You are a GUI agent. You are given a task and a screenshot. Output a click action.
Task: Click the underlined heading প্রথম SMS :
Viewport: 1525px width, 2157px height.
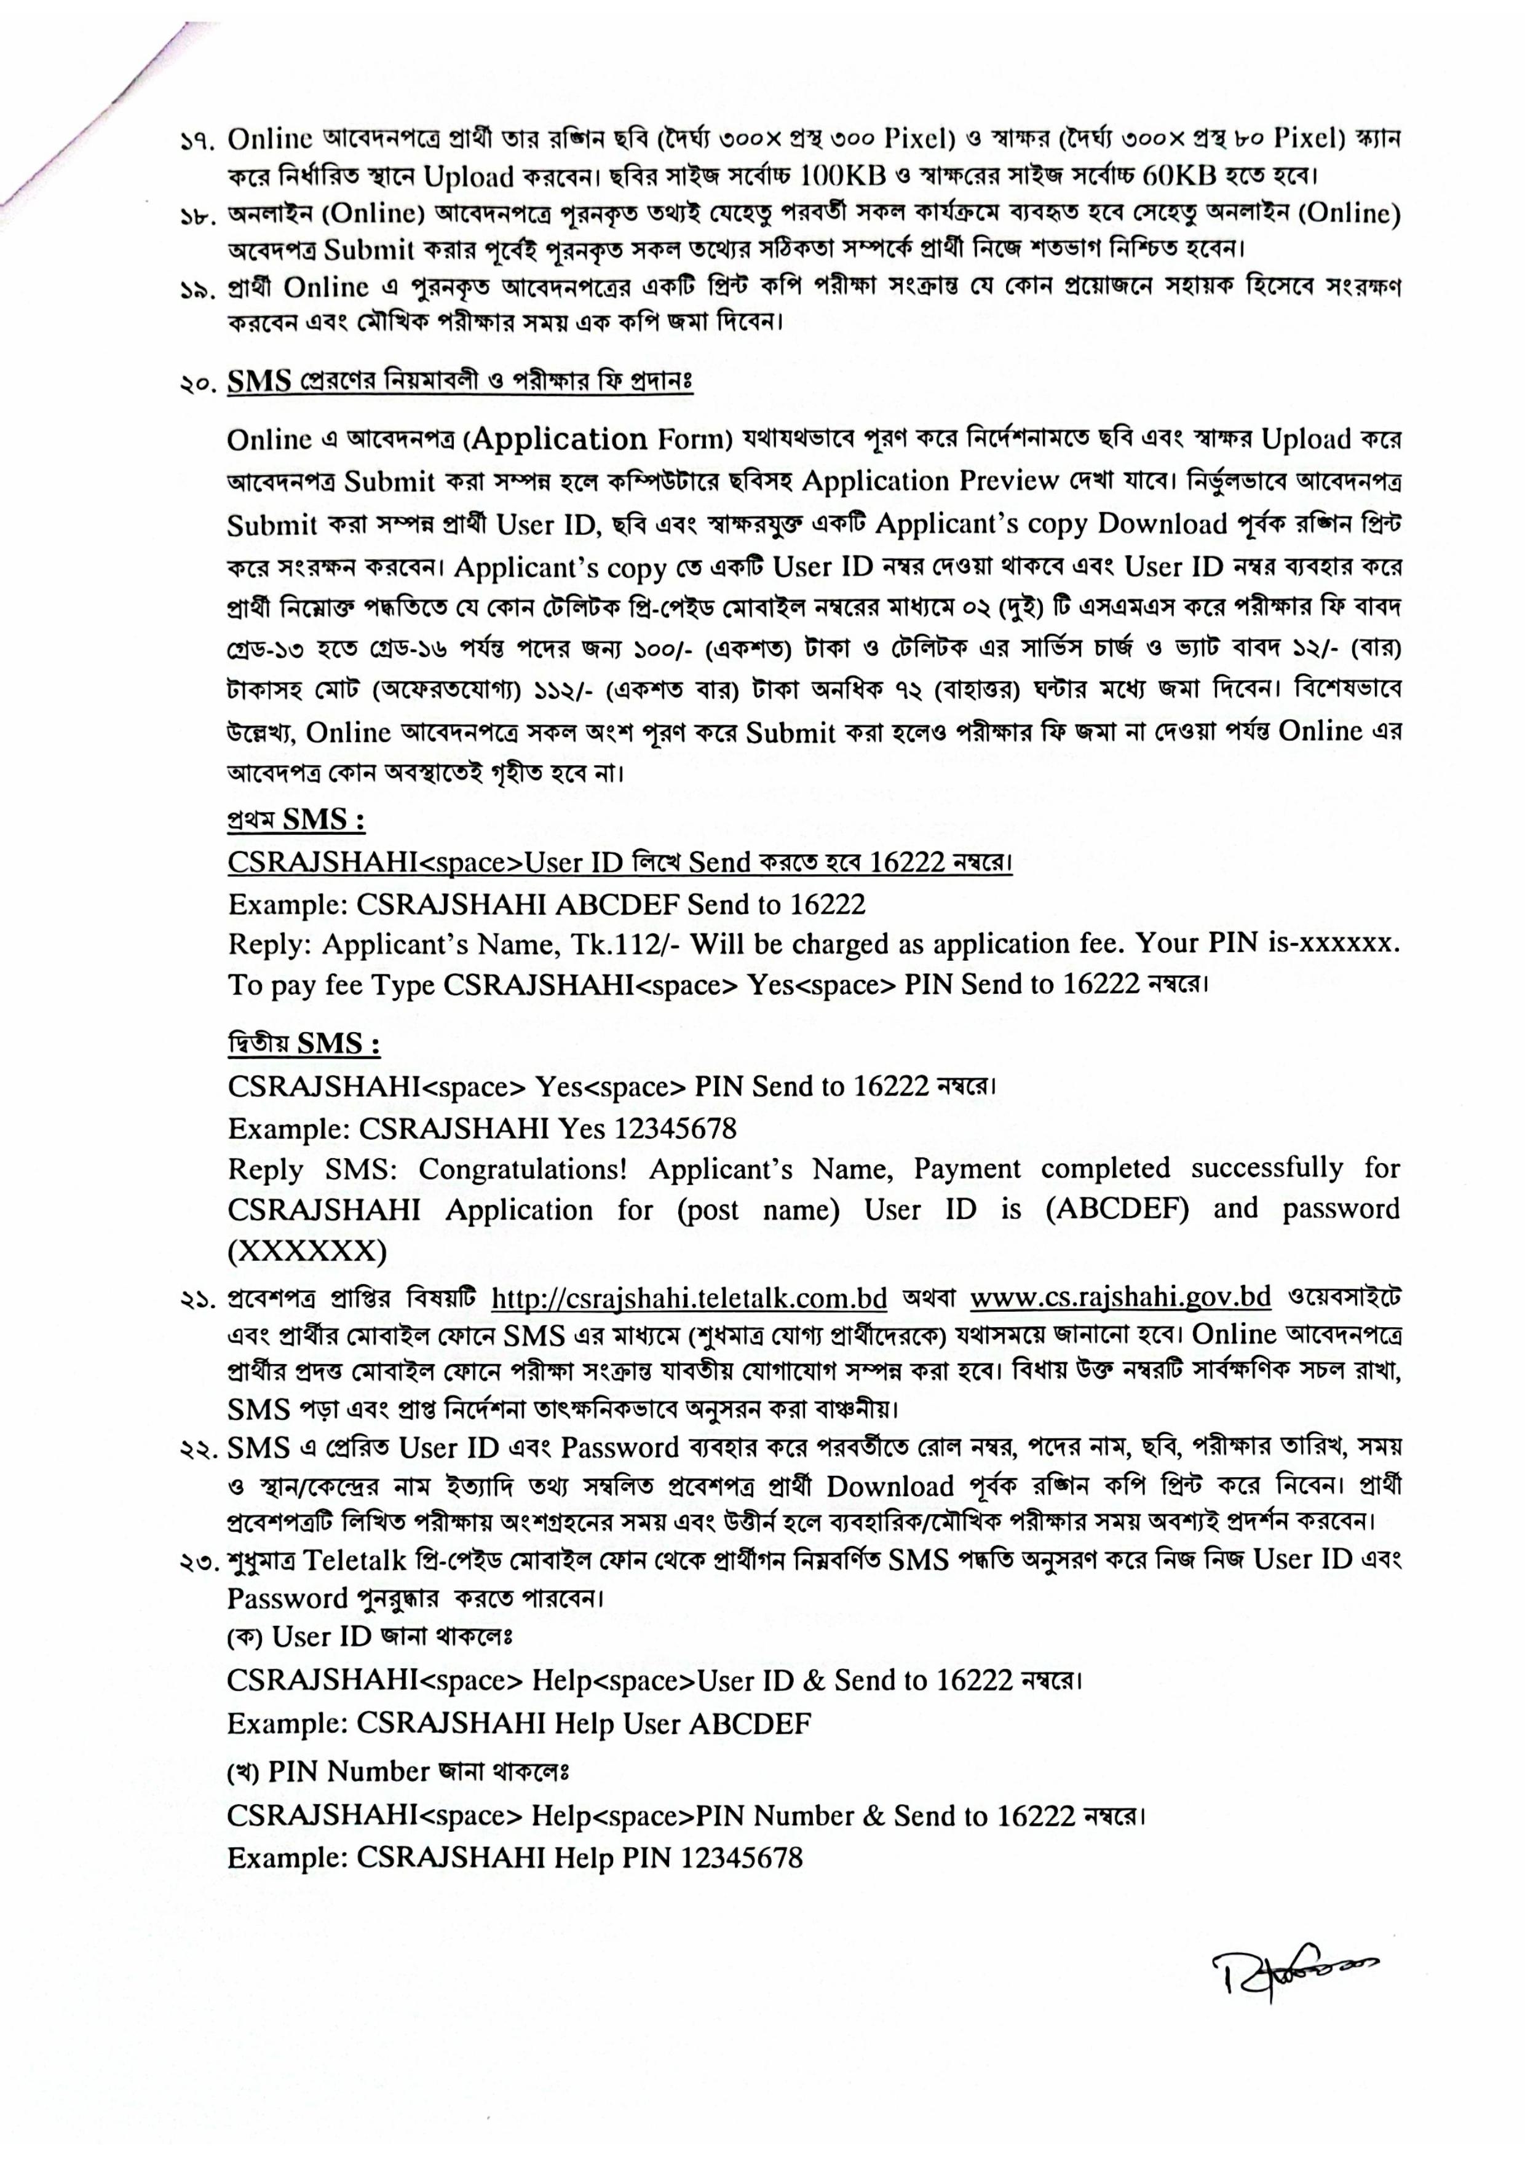(295, 820)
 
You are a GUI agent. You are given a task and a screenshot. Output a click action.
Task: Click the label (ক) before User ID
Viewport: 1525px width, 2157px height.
(246, 1638)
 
